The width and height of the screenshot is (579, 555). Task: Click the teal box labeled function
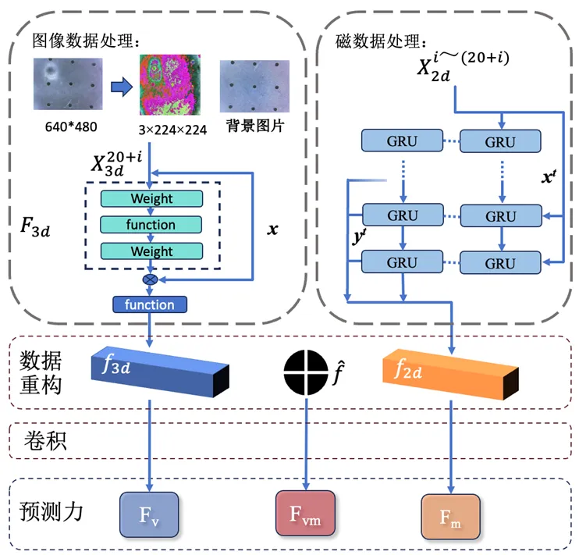(152, 225)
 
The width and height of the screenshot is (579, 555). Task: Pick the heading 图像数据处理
(85, 38)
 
